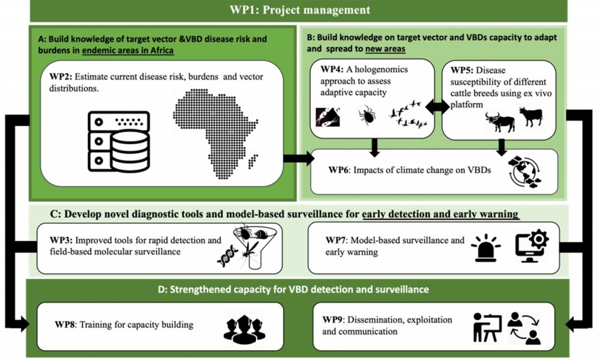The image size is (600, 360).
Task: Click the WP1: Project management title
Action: pos(299,10)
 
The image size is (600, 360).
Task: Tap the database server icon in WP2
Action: pos(119,142)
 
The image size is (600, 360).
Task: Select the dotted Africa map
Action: pos(215,134)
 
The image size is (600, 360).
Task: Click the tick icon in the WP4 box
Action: pos(367,116)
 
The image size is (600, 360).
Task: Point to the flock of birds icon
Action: pos(407,113)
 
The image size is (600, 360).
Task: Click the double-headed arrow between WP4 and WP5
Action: pos(438,107)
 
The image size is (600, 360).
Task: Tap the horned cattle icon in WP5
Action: pos(500,122)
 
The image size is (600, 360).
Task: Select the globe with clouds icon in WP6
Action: pos(524,172)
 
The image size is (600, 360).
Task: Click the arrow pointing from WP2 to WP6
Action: pos(299,158)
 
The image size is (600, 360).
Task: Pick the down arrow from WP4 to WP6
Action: pos(374,147)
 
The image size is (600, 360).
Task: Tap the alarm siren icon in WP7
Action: pos(485,248)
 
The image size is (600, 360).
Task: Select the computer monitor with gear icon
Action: pos(532,247)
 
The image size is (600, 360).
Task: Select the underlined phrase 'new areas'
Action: pos(385,49)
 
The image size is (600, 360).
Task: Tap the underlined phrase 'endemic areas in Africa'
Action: pos(128,50)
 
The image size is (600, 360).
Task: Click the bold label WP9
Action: pos(332,319)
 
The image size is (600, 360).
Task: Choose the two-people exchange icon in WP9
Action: pos(524,328)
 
